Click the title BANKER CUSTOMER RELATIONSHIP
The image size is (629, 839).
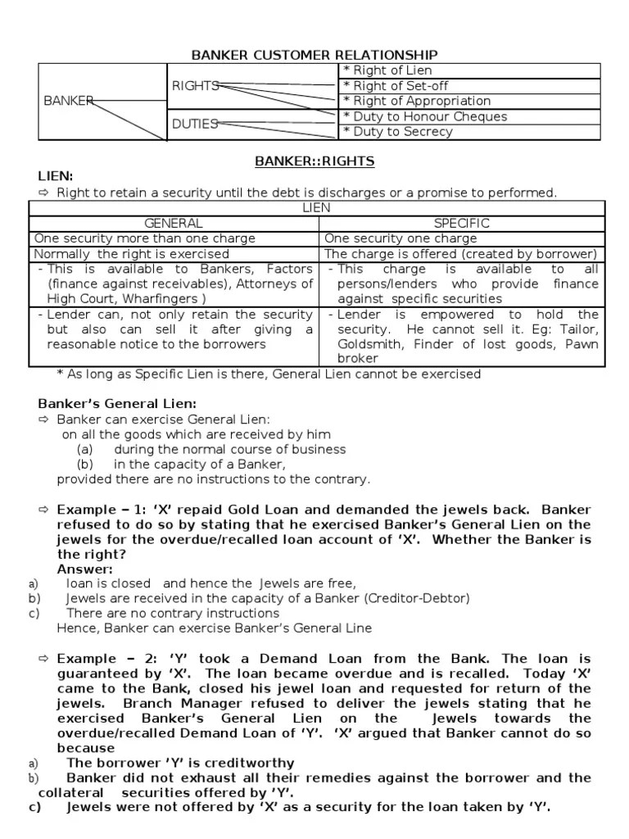tap(314, 55)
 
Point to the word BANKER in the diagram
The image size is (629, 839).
tap(68, 101)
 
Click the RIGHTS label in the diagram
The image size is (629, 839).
tap(195, 85)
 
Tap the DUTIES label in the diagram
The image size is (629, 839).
tap(195, 124)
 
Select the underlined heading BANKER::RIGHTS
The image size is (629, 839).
tap(314, 161)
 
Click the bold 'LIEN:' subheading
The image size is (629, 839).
tap(56, 176)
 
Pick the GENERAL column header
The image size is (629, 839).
tap(173, 223)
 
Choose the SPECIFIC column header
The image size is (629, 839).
tap(462, 223)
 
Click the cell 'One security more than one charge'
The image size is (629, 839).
tap(144, 238)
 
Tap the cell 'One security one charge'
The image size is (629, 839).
tap(400, 238)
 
